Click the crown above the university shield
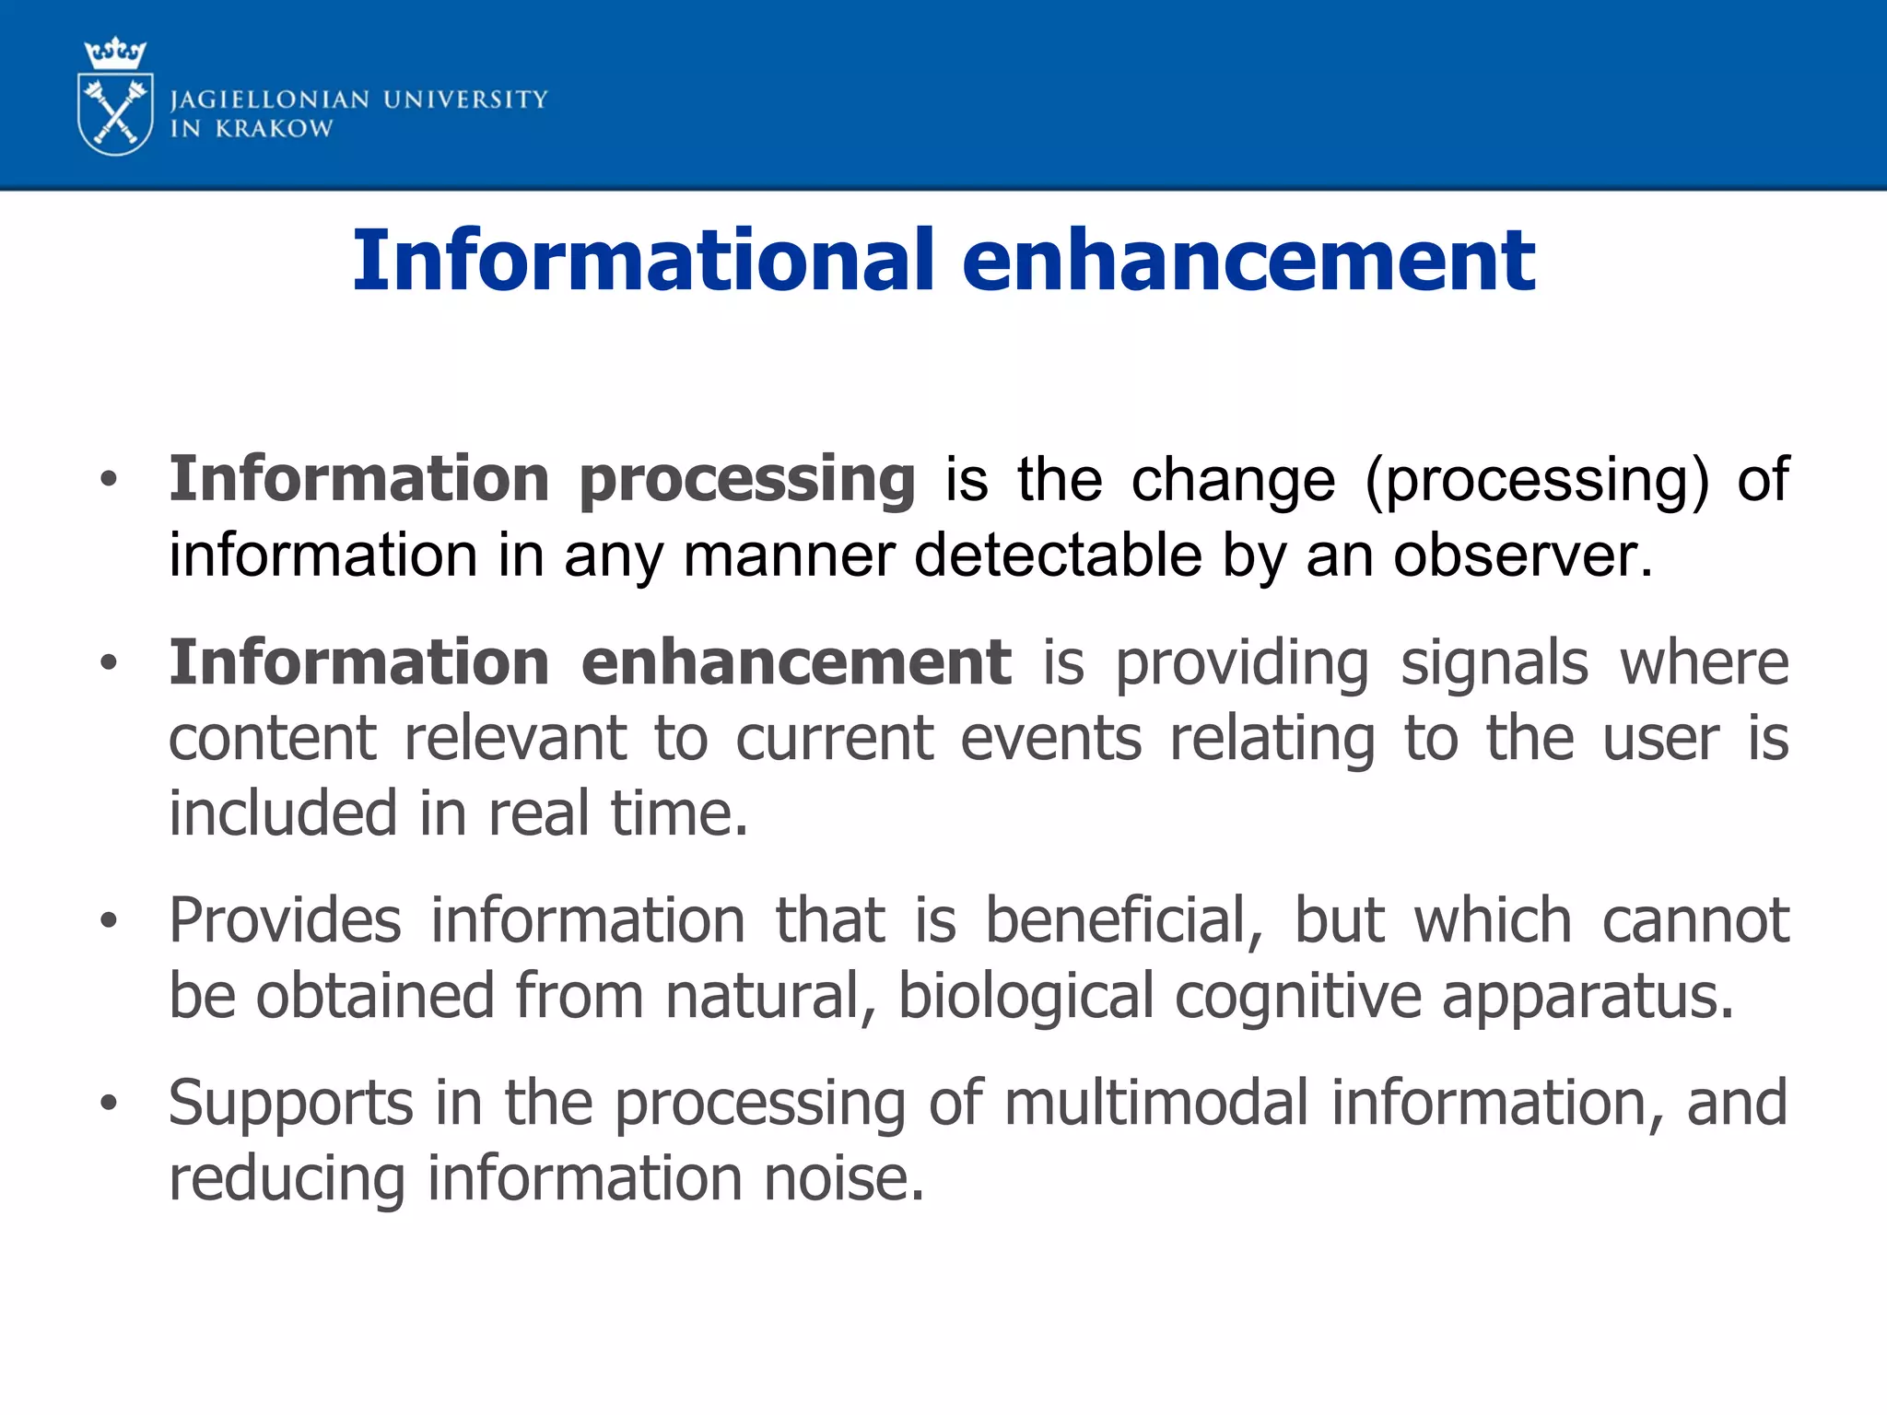(115, 53)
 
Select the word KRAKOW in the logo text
(274, 129)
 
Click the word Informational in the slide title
(643, 261)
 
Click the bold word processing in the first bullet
(746, 481)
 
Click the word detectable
(1058, 555)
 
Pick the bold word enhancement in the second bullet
(796, 662)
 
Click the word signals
(1494, 662)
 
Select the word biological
(1025, 997)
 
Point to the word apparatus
(1587, 997)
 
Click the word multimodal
(1155, 1103)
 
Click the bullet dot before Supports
(109, 1103)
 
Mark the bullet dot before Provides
(109, 920)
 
